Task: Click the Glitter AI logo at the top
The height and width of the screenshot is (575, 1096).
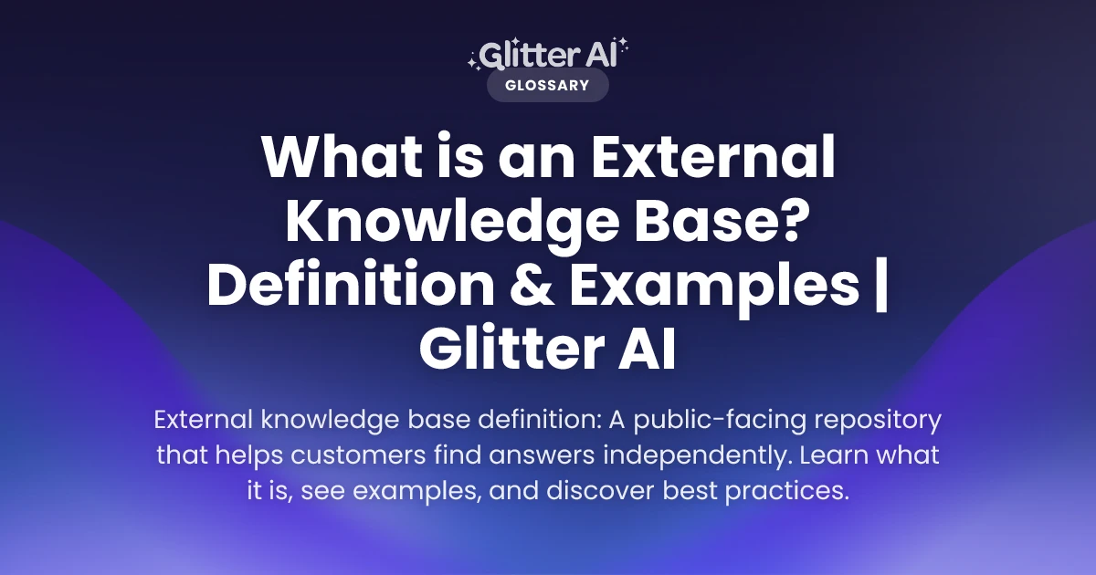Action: click(x=548, y=55)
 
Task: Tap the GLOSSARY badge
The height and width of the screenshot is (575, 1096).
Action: click(x=547, y=86)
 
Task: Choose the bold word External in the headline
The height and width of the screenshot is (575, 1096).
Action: click(x=714, y=160)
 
